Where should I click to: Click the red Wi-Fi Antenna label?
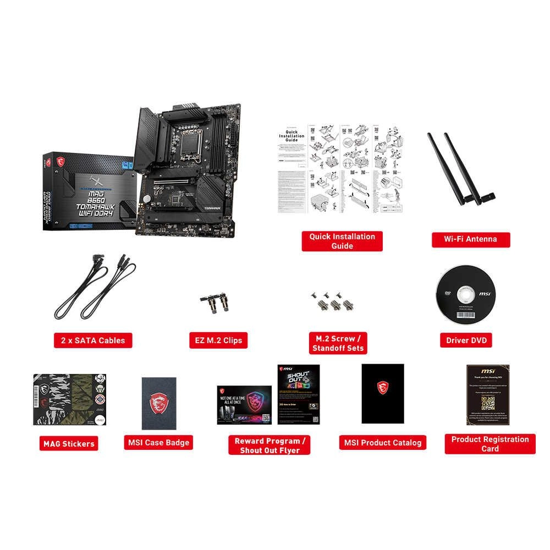click(470, 239)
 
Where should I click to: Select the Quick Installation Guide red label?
click(342, 241)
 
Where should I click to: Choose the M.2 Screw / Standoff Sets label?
click(338, 343)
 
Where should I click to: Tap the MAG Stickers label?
click(69, 443)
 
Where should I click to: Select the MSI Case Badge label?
click(158, 442)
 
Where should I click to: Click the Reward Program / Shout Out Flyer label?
click(269, 446)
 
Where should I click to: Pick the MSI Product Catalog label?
click(383, 442)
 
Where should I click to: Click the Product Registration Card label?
click(490, 444)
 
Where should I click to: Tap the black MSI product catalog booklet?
click(383, 393)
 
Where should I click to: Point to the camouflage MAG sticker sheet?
click(69, 399)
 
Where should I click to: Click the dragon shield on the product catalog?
click(383, 388)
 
